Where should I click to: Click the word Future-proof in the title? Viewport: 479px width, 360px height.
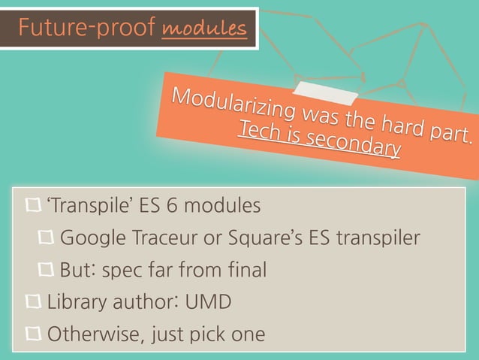pyautogui.click(x=86, y=29)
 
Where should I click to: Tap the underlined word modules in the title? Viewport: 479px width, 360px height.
pyautogui.click(x=203, y=29)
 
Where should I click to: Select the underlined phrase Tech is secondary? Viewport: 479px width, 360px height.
pyautogui.click(x=318, y=141)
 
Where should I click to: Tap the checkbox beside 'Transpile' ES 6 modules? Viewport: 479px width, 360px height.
pyautogui.click(x=34, y=204)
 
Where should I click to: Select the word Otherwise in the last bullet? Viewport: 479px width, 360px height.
pyautogui.click(x=88, y=333)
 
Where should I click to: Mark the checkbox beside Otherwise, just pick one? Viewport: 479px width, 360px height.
pyautogui.click(x=34, y=333)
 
